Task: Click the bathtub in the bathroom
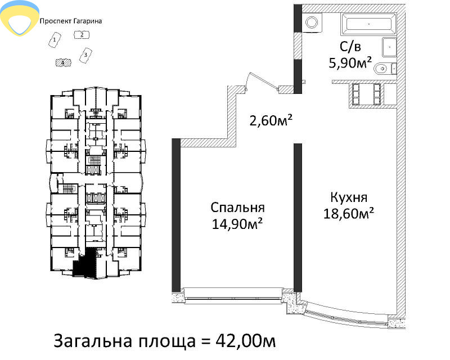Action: tap(369, 24)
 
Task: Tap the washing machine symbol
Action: tap(312, 22)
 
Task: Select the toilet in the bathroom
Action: tap(385, 69)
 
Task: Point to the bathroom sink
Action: tap(389, 47)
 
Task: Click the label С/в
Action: tap(350, 47)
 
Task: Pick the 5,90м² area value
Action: tap(350, 63)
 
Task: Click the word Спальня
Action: tap(237, 208)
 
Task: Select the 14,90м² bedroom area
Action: tap(237, 224)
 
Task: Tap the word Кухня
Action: tap(349, 197)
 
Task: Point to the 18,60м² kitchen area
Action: tap(349, 214)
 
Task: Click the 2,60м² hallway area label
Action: tap(271, 120)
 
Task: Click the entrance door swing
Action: tap(263, 81)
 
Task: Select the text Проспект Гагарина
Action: tap(71, 21)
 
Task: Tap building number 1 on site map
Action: tap(55, 40)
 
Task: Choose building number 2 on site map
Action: tap(82, 35)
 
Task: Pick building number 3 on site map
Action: tap(85, 55)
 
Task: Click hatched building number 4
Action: tap(64, 62)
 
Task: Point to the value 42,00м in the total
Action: tap(246, 341)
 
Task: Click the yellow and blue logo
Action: tap(20, 18)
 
